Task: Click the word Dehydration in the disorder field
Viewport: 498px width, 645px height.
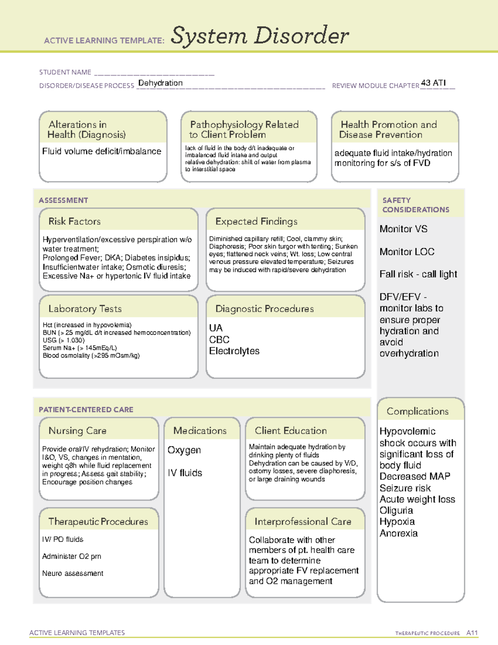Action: (160, 83)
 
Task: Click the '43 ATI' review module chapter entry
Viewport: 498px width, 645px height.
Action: (433, 83)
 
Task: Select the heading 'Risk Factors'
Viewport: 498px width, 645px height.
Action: (74, 221)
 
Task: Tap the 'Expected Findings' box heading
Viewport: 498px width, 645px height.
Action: (256, 221)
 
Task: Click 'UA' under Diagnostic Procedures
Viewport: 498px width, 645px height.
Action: (216, 328)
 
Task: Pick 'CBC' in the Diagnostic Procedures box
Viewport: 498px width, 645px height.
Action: (219, 339)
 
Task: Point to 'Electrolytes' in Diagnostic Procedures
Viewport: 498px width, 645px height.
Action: (234, 351)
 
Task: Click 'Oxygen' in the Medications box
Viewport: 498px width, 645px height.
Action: (184, 450)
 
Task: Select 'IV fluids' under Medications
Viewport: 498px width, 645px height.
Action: (185, 473)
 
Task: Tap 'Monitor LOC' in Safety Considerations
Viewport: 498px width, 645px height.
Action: (407, 252)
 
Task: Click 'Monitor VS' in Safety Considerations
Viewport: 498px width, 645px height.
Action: (403, 229)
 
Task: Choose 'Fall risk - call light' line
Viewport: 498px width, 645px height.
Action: (418, 274)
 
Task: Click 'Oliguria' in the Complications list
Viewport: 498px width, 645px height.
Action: (396, 510)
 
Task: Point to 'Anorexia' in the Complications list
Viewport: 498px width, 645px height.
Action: (398, 533)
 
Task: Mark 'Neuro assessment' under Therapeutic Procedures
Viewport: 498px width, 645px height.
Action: (73, 573)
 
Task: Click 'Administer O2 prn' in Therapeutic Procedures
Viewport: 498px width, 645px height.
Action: (71, 556)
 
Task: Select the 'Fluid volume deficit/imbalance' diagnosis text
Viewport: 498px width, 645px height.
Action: (102, 151)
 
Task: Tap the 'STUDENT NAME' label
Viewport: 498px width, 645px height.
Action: (65, 72)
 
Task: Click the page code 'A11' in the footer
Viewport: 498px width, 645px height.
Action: (472, 633)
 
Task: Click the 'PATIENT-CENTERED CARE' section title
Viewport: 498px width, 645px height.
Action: (86, 410)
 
